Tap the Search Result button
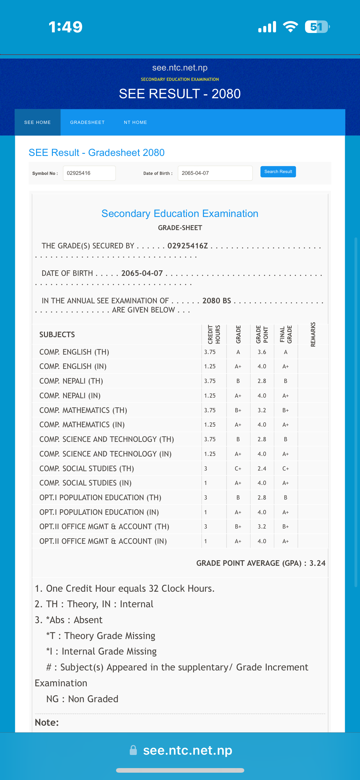tap(278, 172)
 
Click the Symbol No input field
tap(89, 173)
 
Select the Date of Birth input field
tap(215, 173)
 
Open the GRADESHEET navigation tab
tap(87, 122)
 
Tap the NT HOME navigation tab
tap(135, 122)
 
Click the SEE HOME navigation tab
tap(38, 122)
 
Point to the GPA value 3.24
tap(317, 563)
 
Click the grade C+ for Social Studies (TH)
tap(238, 468)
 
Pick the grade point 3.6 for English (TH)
tap(262, 352)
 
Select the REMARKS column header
tap(313, 334)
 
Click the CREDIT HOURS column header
tap(214, 334)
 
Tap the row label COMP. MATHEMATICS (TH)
tap(83, 410)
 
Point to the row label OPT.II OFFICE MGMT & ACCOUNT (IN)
tap(103, 541)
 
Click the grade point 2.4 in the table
tap(262, 468)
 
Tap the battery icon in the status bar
tap(317, 27)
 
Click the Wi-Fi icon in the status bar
tap(290, 27)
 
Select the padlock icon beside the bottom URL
tap(133, 750)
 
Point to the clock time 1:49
tap(66, 27)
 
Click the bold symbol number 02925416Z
tap(187, 246)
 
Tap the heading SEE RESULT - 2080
tap(180, 94)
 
